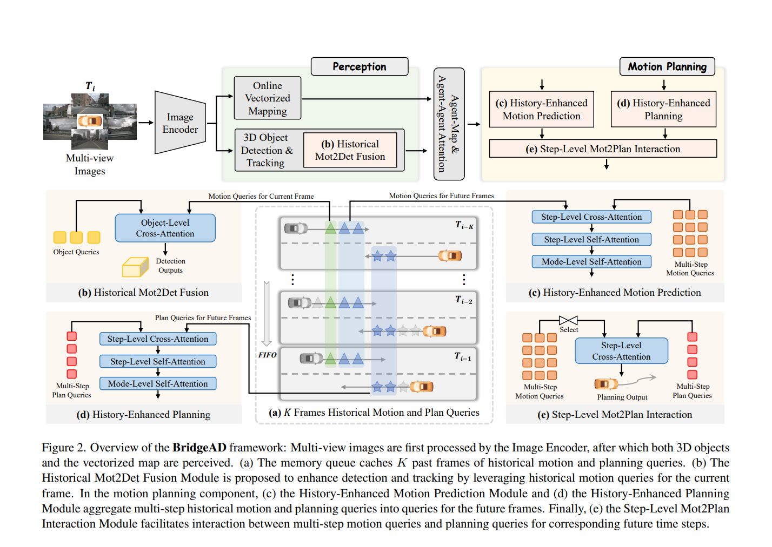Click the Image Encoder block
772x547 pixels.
pos(180,123)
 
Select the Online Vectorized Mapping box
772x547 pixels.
pos(267,98)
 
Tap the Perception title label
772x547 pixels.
pos(359,66)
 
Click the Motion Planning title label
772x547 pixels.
pos(667,66)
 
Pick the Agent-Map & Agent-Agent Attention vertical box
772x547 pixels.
pos(449,124)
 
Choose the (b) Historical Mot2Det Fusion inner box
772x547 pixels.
pos(350,150)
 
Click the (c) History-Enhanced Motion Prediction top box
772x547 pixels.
pos(541,109)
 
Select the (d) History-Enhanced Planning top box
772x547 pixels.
pos(663,109)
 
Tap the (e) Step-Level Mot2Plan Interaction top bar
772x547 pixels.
pos(603,148)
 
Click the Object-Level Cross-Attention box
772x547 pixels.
pos(165,228)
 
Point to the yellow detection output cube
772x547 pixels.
pos(135,267)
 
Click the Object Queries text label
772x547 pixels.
pos(76,252)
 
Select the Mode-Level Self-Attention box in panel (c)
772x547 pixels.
pos(591,261)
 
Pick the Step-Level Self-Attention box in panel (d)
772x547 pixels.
pos(158,361)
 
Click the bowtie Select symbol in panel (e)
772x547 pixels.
pos(568,320)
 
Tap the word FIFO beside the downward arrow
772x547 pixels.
pos(268,355)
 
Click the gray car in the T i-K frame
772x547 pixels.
pos(295,228)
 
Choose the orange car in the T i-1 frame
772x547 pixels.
pos(422,386)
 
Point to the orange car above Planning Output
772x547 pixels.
pos(605,383)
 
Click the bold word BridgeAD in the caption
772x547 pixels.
pos(199,448)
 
